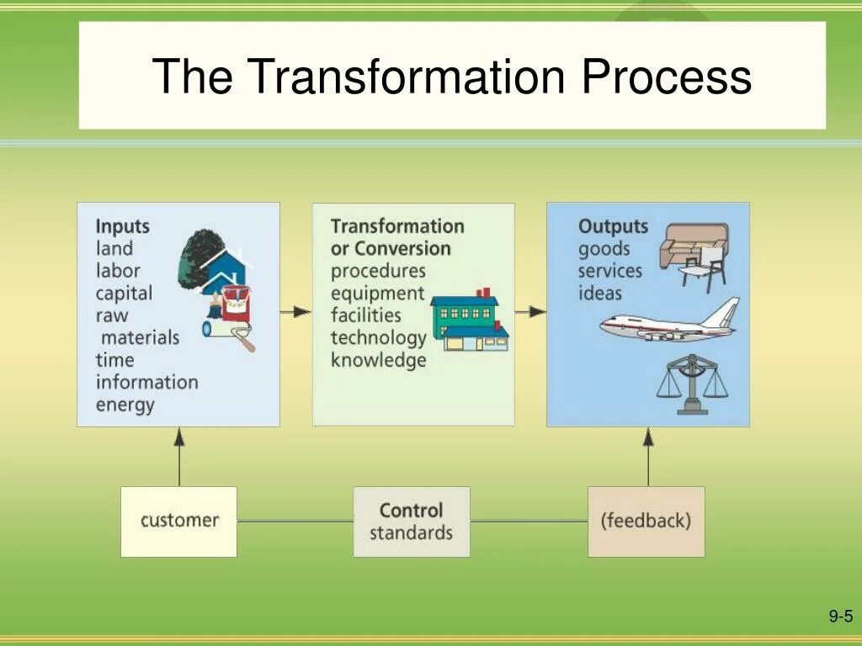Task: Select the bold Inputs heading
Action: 122,226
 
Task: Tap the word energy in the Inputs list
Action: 125,405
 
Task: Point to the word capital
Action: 124,294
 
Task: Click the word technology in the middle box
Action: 378,338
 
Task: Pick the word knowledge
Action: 378,361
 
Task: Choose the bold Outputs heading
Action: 613,226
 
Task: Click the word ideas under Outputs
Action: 599,294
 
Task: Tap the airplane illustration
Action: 669,322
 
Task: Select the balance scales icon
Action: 692,383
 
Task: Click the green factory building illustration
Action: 469,320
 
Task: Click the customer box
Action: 178,521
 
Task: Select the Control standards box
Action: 411,521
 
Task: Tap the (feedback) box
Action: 646,521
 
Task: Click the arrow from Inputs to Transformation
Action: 295,311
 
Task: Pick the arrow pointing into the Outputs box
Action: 530,311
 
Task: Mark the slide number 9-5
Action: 840,617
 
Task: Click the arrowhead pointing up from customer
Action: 178,436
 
